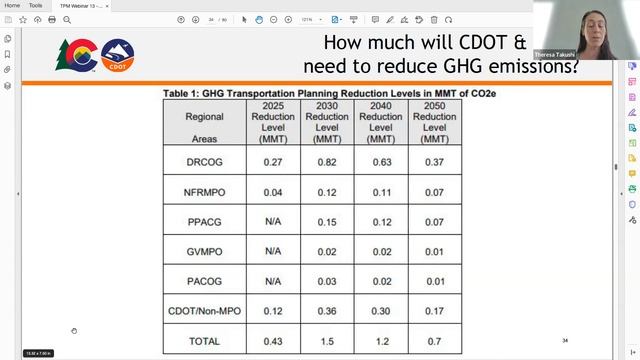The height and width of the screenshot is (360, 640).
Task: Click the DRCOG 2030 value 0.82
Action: click(326, 161)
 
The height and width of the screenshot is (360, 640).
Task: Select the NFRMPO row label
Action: click(204, 191)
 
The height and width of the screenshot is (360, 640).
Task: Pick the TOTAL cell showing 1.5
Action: click(326, 342)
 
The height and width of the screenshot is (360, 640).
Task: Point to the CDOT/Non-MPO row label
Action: click(204, 311)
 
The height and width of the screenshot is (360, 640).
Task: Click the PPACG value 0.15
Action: click(326, 221)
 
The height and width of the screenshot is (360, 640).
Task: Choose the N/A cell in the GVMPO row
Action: click(273, 251)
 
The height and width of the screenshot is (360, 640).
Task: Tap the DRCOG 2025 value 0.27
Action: click(273, 161)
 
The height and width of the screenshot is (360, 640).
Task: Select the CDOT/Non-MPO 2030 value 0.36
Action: click(326, 311)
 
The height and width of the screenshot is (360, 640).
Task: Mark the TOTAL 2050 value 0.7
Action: click(434, 342)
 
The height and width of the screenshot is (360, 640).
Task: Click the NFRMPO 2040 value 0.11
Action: click(380, 191)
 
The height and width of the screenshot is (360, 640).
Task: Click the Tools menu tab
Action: click(35, 5)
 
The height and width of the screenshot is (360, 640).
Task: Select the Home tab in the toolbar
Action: click(12, 5)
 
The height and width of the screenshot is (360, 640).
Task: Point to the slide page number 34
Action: click(565, 340)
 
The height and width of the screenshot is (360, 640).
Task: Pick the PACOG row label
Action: click(204, 281)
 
